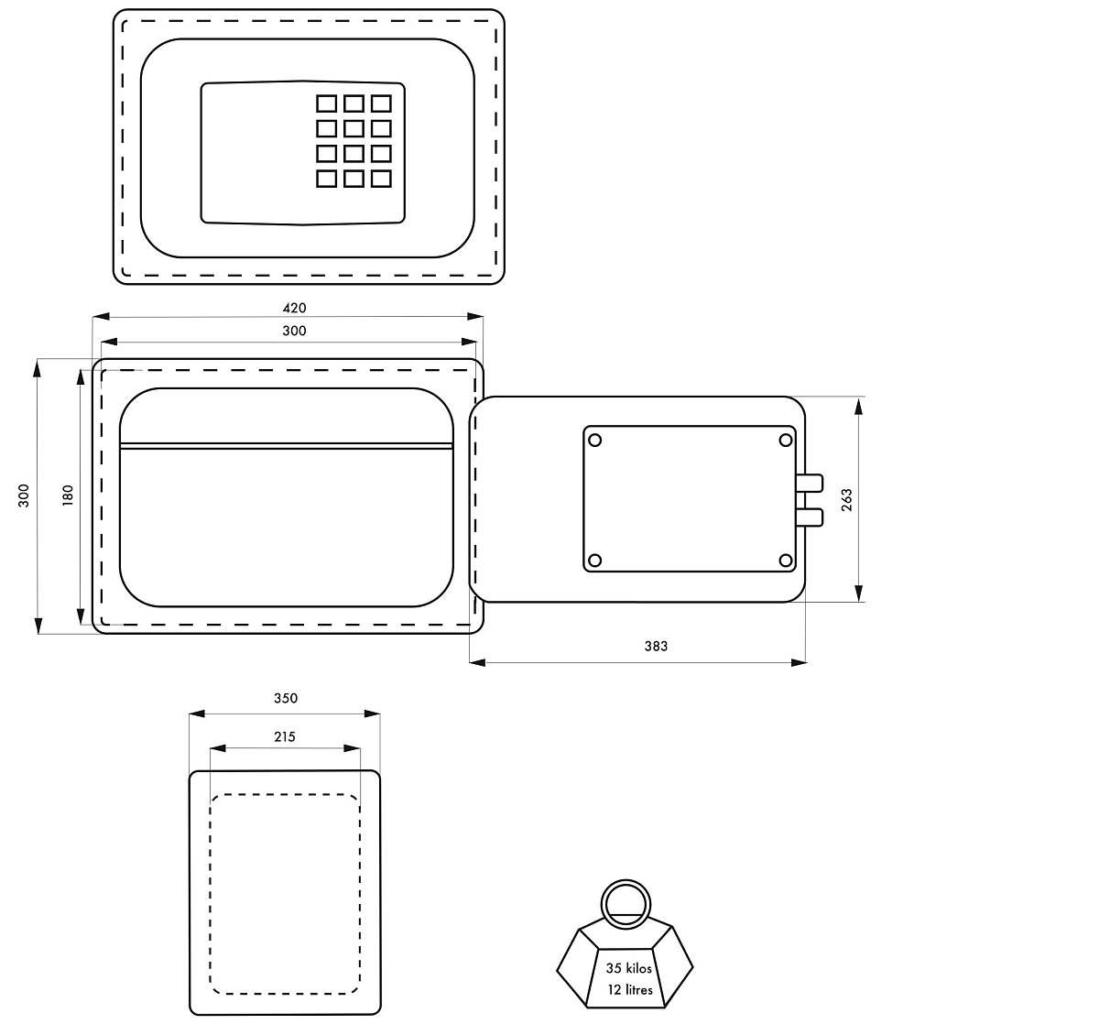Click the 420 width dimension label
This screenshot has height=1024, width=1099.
[294, 308]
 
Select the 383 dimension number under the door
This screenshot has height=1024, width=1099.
[656, 646]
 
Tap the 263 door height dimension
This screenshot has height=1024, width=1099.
[846, 500]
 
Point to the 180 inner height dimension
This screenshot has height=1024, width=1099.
[68, 496]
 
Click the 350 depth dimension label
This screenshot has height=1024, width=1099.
[286, 698]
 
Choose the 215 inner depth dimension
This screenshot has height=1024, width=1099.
[285, 736]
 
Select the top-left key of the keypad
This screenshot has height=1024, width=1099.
[326, 103]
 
